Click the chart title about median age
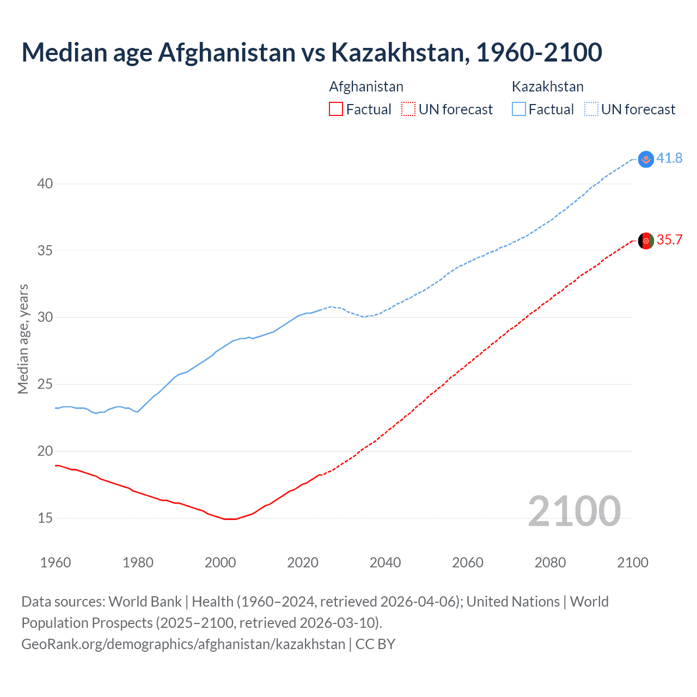311,52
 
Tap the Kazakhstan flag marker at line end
646,159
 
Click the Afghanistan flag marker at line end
646,241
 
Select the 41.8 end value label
669,158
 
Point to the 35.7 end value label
669,240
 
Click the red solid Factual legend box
336,109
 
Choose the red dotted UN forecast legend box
408,109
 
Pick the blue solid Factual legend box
519,109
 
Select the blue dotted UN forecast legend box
591,109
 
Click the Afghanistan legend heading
366,87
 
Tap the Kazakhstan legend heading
547,87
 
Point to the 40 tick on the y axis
45,184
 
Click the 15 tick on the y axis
45,518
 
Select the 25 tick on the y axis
45,384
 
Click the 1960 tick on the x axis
56,563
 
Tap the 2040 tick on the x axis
385,563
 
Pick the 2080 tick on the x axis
550,563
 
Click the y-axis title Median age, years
23,339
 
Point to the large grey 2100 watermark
574,511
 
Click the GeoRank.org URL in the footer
183,644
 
